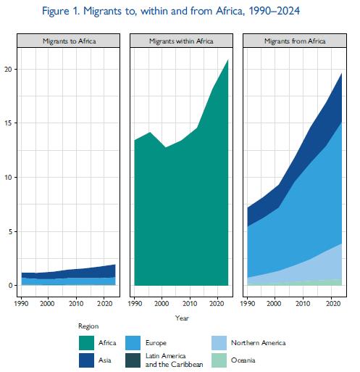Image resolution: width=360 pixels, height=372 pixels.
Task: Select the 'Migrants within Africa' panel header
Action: [x=181, y=41]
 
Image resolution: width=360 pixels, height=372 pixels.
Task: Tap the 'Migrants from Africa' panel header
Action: [x=295, y=41]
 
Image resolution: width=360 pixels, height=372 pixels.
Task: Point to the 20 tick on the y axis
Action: [x=8, y=70]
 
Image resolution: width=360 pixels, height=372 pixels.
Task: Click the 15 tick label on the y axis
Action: [x=8, y=123]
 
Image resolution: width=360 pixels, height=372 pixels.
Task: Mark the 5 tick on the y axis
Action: [x=9, y=232]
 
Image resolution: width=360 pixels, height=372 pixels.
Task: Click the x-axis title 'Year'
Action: [x=182, y=318]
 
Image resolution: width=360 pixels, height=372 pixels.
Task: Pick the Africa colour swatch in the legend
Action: [x=86, y=343]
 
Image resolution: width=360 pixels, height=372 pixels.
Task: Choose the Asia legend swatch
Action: [x=86, y=360]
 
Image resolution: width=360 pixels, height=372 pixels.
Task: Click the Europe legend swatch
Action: [x=133, y=343]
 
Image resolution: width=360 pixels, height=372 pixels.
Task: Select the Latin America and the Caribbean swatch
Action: [x=133, y=360]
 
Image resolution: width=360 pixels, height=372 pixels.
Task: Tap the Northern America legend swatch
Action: [x=219, y=343]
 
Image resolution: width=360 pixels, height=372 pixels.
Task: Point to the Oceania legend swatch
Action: [x=219, y=360]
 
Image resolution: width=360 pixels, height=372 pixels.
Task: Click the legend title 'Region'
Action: [x=88, y=326]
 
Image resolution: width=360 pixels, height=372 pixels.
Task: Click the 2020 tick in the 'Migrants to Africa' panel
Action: [x=104, y=303]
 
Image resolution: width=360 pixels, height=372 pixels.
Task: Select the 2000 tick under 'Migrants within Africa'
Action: [x=162, y=303]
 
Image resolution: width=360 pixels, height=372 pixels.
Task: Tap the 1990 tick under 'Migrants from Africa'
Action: [x=248, y=303]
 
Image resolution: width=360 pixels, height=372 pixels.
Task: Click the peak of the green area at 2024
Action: [x=228, y=59]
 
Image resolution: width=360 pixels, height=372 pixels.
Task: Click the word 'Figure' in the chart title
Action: [x=56, y=11]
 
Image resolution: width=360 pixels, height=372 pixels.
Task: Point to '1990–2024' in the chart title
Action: [x=275, y=11]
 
